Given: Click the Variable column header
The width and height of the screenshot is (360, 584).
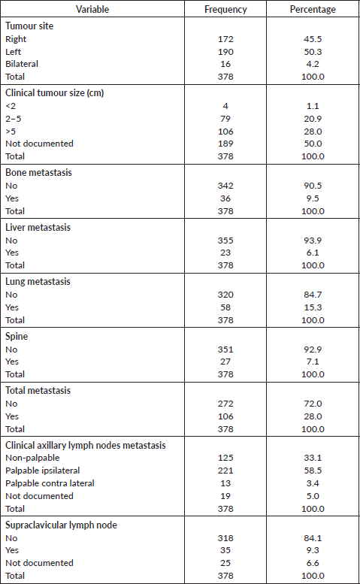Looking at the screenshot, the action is tap(92, 9).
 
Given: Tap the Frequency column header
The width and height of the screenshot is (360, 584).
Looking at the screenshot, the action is tap(225, 9).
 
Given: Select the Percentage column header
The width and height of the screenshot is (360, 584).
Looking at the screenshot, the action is tap(313, 9).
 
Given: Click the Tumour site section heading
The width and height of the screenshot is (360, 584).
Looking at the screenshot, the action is tap(29, 26).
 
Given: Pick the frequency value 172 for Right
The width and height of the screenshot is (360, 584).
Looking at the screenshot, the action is tap(225, 39).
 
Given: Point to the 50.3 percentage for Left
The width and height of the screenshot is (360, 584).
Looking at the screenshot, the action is tap(313, 52).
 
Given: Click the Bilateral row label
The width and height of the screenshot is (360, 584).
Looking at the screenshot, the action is tap(22, 64).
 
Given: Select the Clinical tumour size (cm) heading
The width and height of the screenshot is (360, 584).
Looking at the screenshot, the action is tap(54, 92).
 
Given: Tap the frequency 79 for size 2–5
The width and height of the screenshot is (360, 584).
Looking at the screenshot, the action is tap(225, 119).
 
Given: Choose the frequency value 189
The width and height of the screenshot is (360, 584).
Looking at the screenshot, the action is tap(225, 144).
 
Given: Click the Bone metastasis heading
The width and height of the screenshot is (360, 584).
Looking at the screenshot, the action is tap(39, 172).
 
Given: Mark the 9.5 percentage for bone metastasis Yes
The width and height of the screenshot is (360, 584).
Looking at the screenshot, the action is tap(313, 198).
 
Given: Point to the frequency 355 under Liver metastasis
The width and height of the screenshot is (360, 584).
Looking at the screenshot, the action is tap(225, 241).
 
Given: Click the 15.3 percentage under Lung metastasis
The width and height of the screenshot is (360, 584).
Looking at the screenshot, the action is tap(313, 307).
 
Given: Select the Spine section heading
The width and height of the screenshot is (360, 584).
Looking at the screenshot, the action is tap(17, 336).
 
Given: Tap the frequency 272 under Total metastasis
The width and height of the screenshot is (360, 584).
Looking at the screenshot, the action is tap(225, 404).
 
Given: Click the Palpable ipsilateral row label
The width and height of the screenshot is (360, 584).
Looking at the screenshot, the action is tap(42, 471).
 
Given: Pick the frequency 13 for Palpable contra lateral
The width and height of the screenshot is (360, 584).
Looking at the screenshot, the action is tap(225, 483).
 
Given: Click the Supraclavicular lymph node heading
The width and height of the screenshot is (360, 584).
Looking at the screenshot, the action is tap(61, 525).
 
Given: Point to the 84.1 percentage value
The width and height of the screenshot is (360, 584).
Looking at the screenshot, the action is tap(313, 538).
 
